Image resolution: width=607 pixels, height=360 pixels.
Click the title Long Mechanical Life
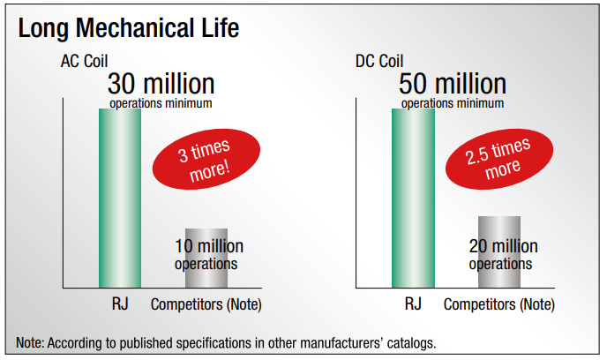tap(129, 28)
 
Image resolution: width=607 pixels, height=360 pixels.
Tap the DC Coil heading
tap(379, 64)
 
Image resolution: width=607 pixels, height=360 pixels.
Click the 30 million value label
tap(161, 84)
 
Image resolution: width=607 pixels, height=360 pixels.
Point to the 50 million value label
tap(453, 84)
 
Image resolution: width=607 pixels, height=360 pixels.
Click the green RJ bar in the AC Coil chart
tap(119, 199)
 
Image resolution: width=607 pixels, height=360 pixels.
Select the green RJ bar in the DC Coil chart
tap(413, 199)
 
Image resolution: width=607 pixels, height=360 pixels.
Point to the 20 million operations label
tap(500, 253)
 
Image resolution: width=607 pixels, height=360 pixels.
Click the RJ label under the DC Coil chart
tap(413, 305)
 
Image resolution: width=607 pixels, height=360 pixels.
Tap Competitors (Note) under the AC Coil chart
tap(206, 305)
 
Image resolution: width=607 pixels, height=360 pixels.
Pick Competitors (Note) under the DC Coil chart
tap(499, 305)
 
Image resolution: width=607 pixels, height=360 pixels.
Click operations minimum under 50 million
tap(453, 103)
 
